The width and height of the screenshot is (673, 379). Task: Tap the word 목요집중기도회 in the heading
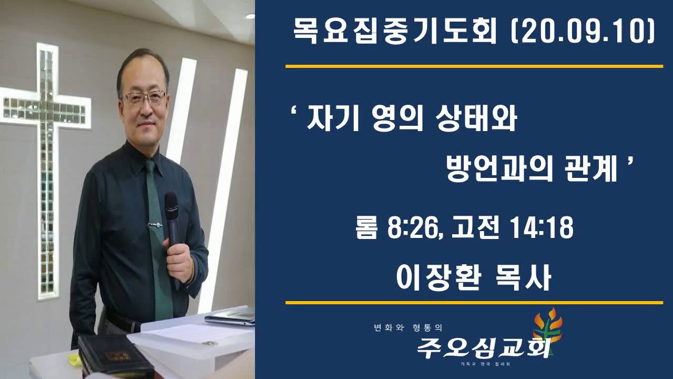point(394,33)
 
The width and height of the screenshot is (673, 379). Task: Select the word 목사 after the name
point(526,277)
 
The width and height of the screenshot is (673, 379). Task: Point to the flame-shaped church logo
point(547,329)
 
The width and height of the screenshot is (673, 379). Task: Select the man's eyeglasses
point(144,98)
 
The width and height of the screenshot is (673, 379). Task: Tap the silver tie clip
point(155,225)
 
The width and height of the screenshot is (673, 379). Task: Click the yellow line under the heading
point(474,66)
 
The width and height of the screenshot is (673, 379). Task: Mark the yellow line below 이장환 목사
point(474,303)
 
